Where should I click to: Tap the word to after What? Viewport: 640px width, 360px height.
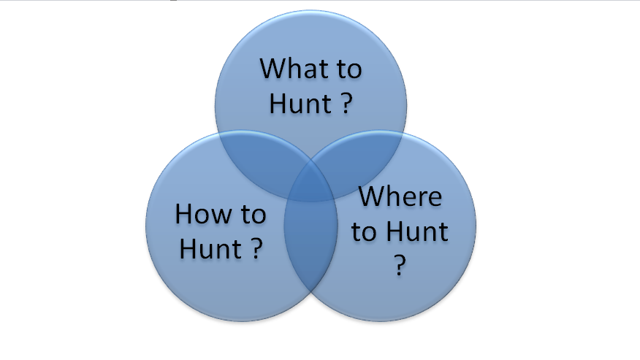point(349,69)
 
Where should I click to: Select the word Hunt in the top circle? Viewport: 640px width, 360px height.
point(300,104)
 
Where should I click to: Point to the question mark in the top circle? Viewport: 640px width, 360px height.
point(346,103)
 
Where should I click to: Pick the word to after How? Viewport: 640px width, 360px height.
point(254,215)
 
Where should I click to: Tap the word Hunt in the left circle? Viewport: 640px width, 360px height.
point(210,249)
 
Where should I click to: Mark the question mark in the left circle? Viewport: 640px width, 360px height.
point(256,248)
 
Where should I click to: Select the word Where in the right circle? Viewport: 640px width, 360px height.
point(400,196)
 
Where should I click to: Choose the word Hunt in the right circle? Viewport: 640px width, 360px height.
point(417,231)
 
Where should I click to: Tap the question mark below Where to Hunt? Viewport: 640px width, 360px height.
point(400,266)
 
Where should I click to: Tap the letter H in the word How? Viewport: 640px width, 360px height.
point(183,214)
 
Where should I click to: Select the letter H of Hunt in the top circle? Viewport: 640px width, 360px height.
point(278,104)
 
